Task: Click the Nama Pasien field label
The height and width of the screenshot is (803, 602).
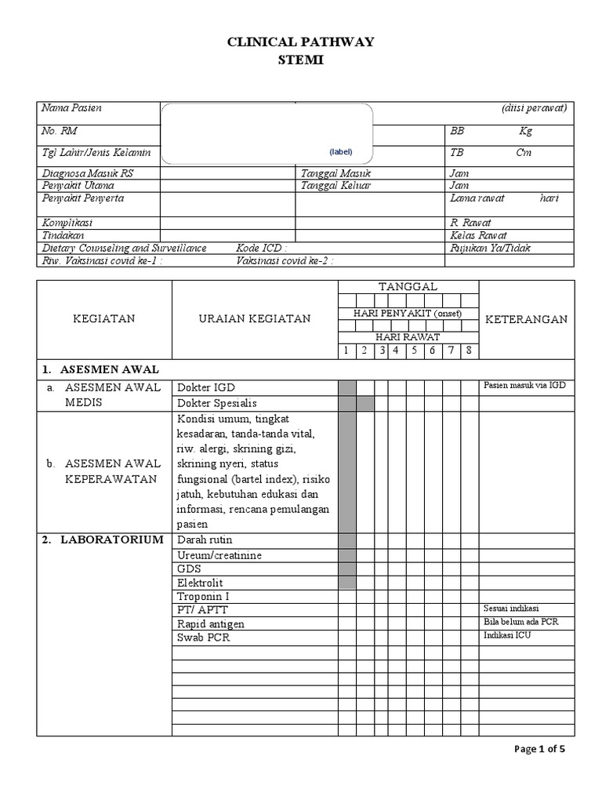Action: [72, 108]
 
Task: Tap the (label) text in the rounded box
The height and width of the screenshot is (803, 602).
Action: [340, 151]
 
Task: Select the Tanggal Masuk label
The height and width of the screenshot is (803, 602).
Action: [336, 173]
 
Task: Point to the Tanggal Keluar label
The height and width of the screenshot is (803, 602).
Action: [336, 186]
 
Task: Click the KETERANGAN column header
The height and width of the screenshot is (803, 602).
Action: [526, 319]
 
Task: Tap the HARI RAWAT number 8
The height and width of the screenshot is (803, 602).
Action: [468, 350]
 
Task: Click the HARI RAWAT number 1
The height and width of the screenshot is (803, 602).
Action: [346, 350]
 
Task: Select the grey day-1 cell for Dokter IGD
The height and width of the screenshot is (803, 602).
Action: [346, 387]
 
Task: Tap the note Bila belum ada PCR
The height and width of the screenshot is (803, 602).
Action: [520, 623]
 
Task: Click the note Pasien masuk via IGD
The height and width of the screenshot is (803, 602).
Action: [524, 385]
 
